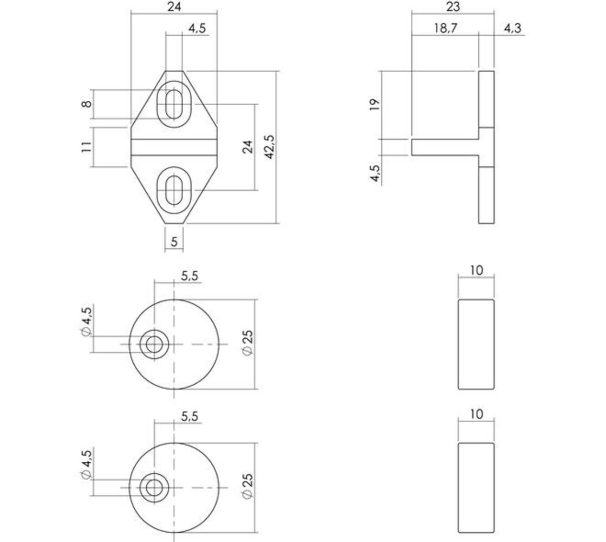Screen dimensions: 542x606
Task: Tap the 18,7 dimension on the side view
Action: [x=445, y=28]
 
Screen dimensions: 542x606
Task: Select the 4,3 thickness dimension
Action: [x=512, y=28]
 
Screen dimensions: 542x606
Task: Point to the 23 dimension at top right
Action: [x=453, y=7]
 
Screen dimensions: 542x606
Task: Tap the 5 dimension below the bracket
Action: [x=174, y=242]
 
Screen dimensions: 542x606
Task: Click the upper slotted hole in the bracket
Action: [x=174, y=103]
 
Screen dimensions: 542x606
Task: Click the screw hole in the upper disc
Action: [x=153, y=344]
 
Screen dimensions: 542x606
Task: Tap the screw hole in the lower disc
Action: [x=153, y=487]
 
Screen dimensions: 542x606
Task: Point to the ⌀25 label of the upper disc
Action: [x=247, y=344]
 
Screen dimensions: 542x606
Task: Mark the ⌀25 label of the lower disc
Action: [x=247, y=487]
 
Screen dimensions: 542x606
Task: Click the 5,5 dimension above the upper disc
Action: [x=189, y=276]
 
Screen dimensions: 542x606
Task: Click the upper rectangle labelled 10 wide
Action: [x=476, y=344]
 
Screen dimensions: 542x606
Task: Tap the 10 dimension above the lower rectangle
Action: [x=476, y=414]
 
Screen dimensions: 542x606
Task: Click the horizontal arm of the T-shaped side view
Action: [x=444, y=147]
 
